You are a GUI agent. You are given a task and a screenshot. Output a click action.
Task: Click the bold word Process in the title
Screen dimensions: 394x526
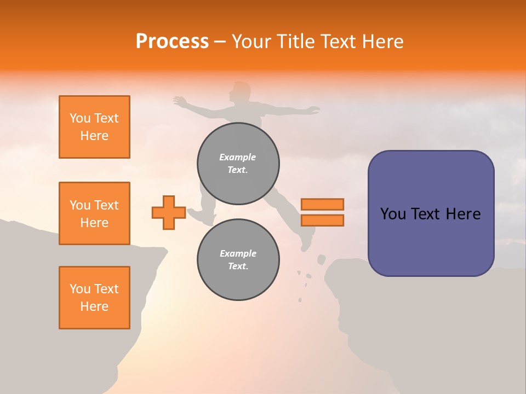point(172,42)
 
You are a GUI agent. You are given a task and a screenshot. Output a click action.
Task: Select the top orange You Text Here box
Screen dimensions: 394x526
point(94,127)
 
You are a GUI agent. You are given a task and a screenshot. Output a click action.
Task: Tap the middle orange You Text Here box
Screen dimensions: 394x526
point(94,213)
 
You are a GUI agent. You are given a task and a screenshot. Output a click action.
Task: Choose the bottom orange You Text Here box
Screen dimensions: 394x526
point(94,298)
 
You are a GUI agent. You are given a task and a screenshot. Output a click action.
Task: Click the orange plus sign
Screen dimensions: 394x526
point(169,212)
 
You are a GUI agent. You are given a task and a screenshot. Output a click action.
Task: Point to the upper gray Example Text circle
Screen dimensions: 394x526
point(238,164)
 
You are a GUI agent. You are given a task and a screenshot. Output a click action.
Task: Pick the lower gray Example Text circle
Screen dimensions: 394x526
point(238,259)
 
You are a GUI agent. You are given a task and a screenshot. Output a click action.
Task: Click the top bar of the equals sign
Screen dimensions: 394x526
point(322,205)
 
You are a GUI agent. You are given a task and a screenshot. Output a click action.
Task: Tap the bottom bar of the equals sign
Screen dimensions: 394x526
point(322,220)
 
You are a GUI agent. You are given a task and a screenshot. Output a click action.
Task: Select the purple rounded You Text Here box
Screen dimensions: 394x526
point(431,213)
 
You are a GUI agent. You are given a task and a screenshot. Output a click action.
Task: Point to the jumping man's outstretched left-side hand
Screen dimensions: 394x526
point(179,101)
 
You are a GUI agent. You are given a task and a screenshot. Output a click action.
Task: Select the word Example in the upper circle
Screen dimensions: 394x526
point(238,157)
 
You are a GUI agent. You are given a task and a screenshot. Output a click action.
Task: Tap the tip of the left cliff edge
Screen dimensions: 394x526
point(165,250)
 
